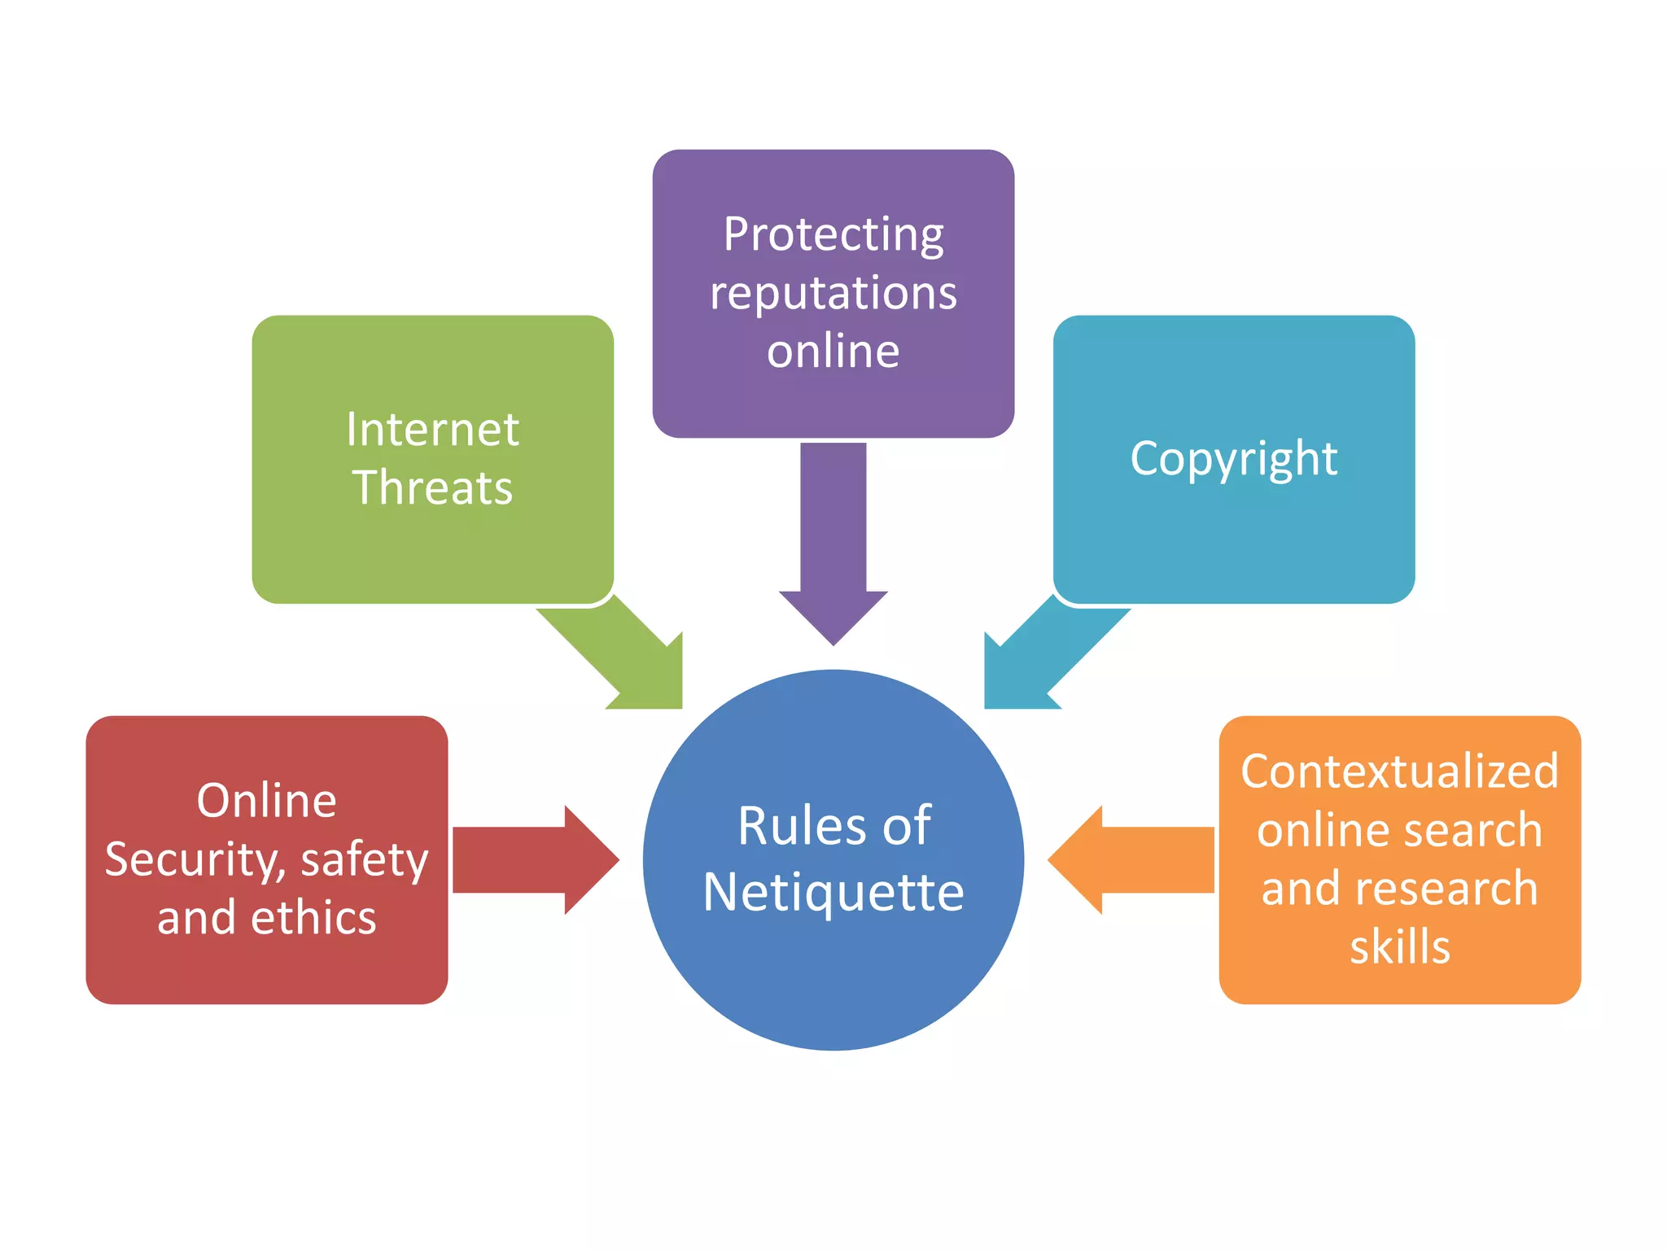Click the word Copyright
1233,458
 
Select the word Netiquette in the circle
833,893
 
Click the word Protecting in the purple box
833,235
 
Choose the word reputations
833,293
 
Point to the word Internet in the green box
432,429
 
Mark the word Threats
432,487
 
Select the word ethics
313,918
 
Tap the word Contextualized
1399,771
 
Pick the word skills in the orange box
1399,947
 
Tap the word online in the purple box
833,352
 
